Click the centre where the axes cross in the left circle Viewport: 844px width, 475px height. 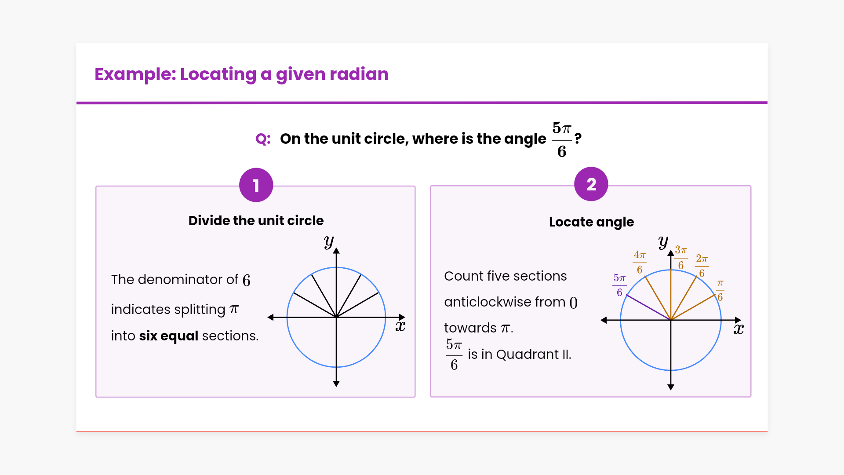pyautogui.click(x=336, y=317)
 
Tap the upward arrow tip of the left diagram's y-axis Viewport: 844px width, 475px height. pyautogui.click(x=336, y=248)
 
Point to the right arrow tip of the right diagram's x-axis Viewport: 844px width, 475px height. pyautogui.click(x=741, y=320)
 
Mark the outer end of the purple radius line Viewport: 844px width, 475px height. pyautogui.click(x=626, y=295)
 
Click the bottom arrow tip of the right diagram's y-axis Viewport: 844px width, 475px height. pyautogui.click(x=671, y=390)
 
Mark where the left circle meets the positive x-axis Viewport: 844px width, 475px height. pyautogui.click(x=386, y=317)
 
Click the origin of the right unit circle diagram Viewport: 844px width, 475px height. pyautogui.click(x=671, y=320)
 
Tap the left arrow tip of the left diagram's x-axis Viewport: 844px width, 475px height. pyautogui.click(x=268, y=317)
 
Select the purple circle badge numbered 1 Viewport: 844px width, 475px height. pyautogui.click(x=256, y=185)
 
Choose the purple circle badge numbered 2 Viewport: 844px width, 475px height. pyautogui.click(x=591, y=184)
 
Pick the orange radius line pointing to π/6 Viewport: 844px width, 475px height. pyautogui.click(x=693, y=307)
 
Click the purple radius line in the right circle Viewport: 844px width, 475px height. pyautogui.click(x=648, y=307)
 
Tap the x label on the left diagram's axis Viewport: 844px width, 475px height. pyautogui.click(x=400, y=326)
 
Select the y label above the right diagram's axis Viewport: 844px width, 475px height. pyautogui.click(x=663, y=242)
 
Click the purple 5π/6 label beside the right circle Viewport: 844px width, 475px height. pyautogui.click(x=619, y=285)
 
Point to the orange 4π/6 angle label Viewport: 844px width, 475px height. pyautogui.click(x=640, y=263)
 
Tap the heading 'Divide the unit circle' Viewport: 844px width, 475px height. pyautogui.click(x=256, y=220)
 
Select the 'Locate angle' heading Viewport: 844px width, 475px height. pyautogui.click(x=592, y=222)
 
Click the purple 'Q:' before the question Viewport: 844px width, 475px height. pyautogui.click(x=263, y=139)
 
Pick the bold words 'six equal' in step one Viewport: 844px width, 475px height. pyautogui.click(x=169, y=336)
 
